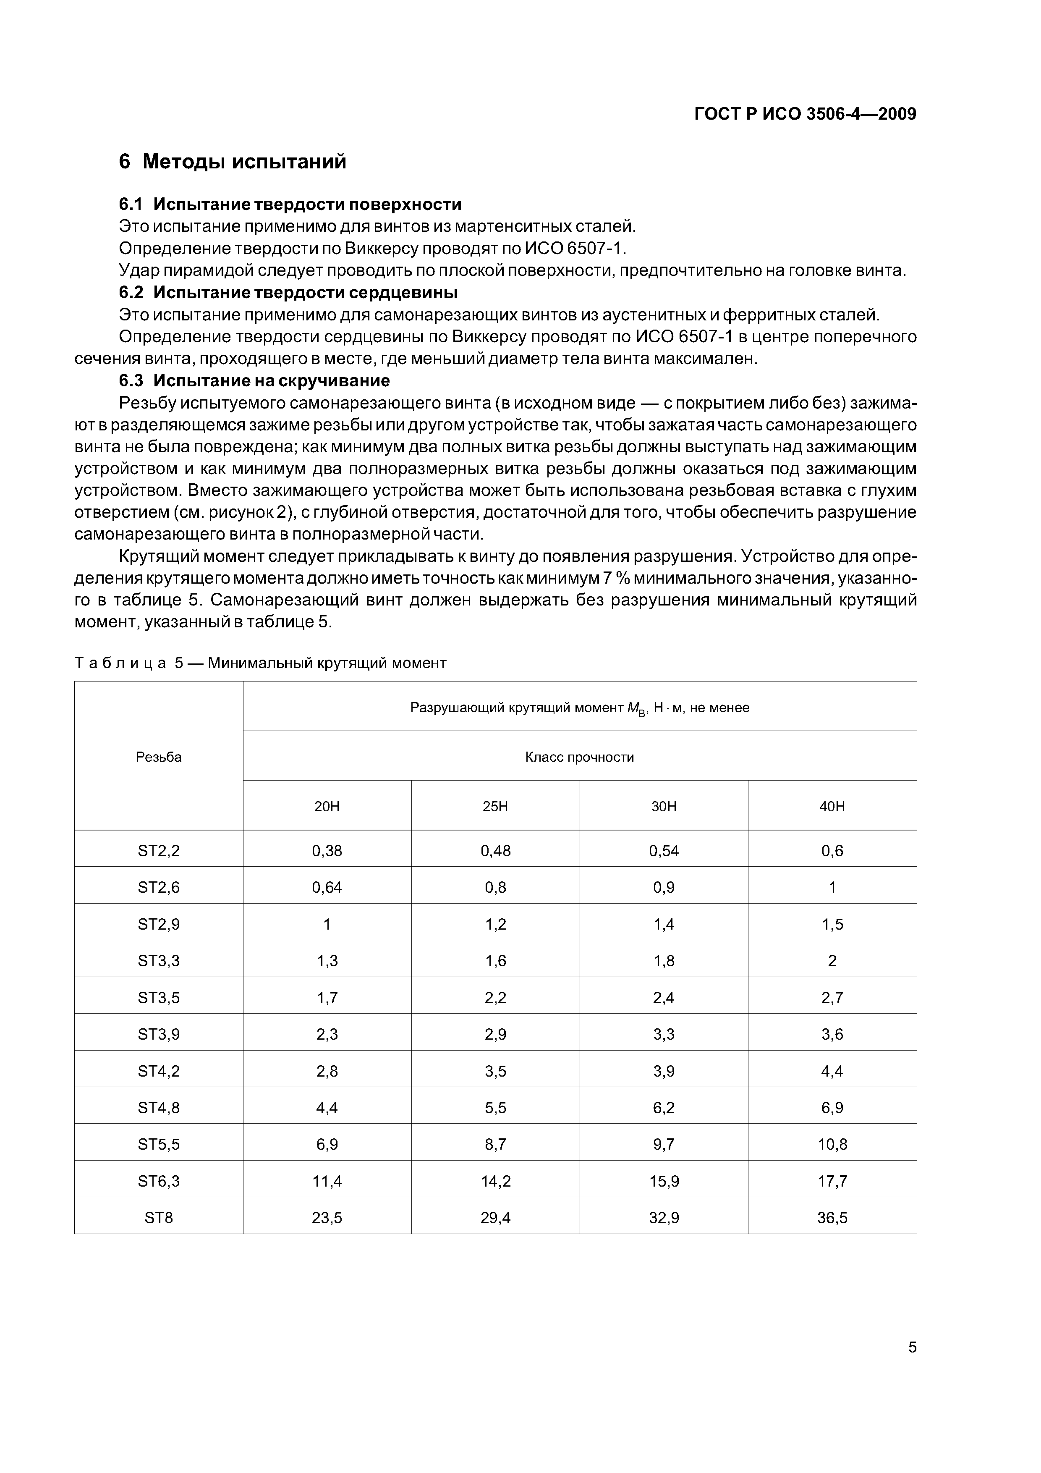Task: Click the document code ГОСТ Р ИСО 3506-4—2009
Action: tap(805, 114)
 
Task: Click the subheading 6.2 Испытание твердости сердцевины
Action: tap(289, 293)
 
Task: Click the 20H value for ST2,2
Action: tap(327, 851)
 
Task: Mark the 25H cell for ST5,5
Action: tap(495, 1144)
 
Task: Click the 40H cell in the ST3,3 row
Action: tap(832, 960)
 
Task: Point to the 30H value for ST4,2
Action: tap(664, 1071)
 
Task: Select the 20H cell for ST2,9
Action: tap(327, 924)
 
